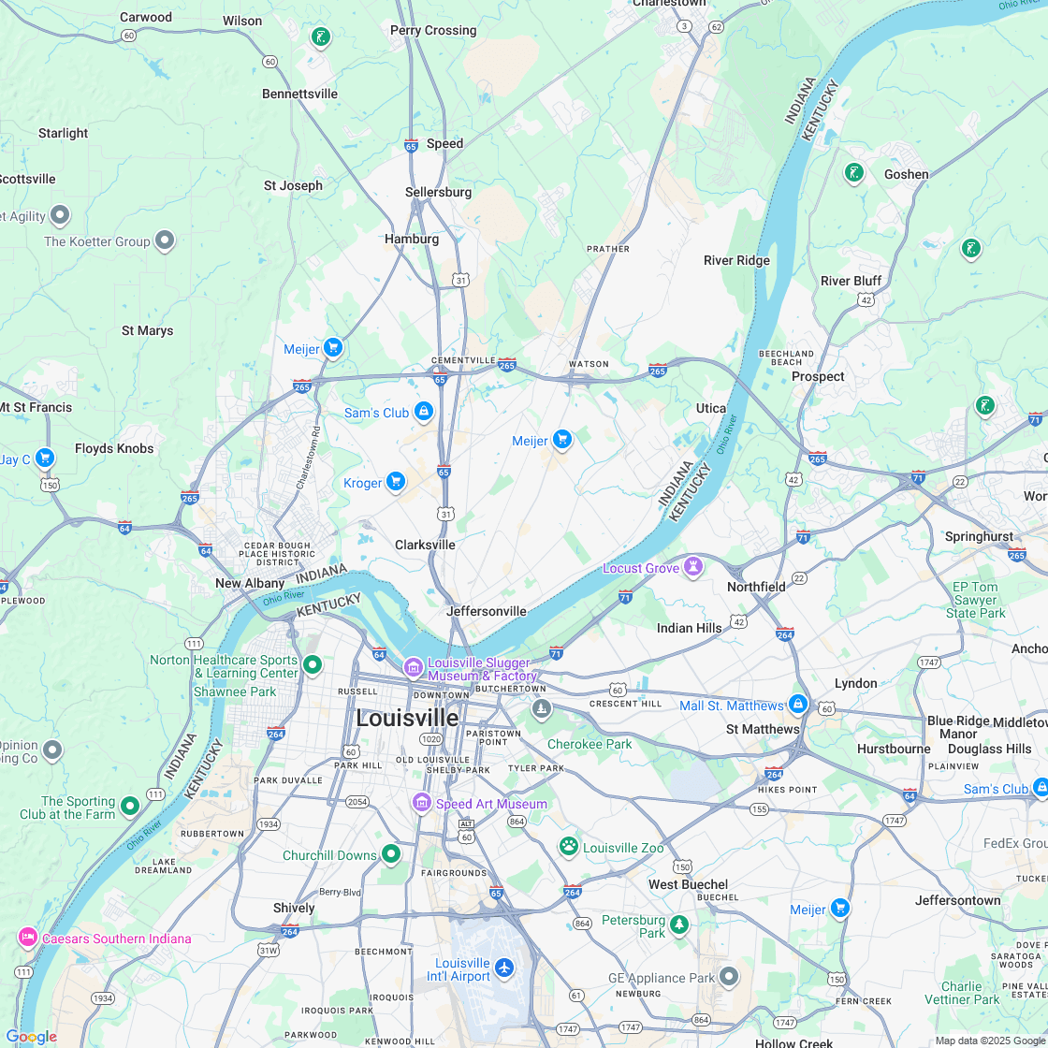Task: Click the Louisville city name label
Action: (x=407, y=718)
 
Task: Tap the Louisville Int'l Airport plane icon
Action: (x=504, y=967)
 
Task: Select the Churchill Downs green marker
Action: (x=391, y=853)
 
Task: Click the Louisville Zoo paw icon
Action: (x=569, y=846)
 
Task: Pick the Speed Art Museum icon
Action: (x=422, y=803)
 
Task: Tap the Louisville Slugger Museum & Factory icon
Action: (x=413, y=667)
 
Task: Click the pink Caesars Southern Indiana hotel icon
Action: (x=28, y=938)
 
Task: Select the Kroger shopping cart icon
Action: (x=396, y=481)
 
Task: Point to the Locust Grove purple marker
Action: (x=693, y=567)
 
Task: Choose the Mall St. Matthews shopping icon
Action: (x=797, y=704)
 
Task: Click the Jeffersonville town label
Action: (x=487, y=611)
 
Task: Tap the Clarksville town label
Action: (x=425, y=545)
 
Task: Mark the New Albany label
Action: (x=250, y=583)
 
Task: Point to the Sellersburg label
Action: (x=438, y=192)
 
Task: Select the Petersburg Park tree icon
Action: (x=679, y=924)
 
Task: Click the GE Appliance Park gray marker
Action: (x=729, y=977)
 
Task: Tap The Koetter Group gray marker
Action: (x=165, y=240)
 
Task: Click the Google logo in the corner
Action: (x=31, y=1036)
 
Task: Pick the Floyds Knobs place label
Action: (x=114, y=448)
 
